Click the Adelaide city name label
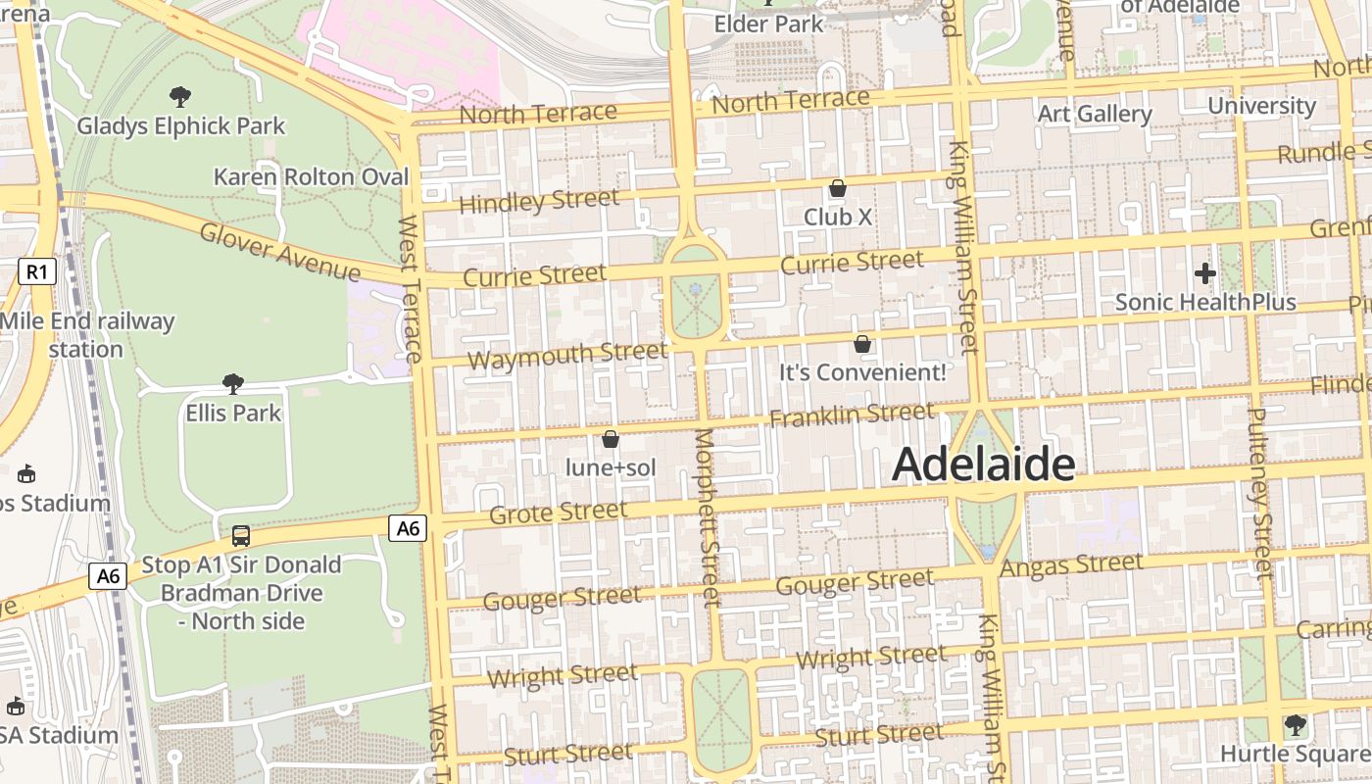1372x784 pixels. [984, 465]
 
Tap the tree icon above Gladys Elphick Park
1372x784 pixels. [180, 96]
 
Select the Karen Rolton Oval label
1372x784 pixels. [311, 177]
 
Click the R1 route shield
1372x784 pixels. [36, 271]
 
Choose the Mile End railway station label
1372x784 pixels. [86, 335]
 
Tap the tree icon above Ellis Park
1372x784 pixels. [233, 383]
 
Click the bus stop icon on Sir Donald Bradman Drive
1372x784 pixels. [241, 536]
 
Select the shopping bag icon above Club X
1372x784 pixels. [838, 188]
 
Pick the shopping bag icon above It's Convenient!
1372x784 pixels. [862, 344]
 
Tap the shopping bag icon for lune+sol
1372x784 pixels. [611, 439]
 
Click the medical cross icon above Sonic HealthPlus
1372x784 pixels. [1205, 273]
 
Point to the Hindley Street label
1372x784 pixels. [539, 202]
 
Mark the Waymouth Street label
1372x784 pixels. [567, 355]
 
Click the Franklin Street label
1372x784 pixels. [852, 416]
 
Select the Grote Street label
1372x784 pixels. [558, 513]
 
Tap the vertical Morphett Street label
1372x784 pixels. [706, 516]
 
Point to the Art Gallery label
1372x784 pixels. [1095, 114]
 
